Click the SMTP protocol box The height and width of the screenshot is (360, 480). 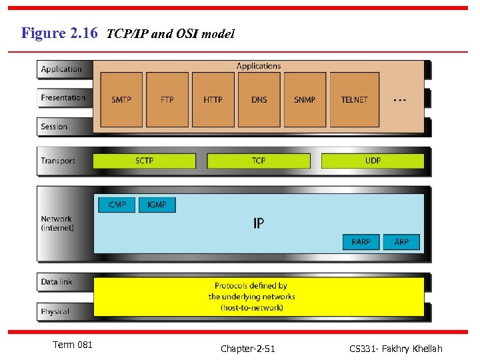tap(121, 99)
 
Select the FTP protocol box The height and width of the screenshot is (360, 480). tap(167, 99)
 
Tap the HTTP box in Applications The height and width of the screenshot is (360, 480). tap(213, 99)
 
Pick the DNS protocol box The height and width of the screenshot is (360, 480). tap(259, 99)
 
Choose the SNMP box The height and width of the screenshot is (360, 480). tap(305, 99)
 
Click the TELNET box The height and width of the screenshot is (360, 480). tap(355, 99)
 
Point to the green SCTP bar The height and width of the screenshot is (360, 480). tap(145, 161)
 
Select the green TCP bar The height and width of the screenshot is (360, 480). tap(259, 161)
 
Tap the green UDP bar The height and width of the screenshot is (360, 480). tap(373, 161)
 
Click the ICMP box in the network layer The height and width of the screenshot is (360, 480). tap(117, 205)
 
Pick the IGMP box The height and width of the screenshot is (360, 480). tap(157, 205)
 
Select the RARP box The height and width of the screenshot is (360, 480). tap(361, 241)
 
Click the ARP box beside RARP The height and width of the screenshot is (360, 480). tap(401, 241)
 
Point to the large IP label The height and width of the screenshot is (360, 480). tap(259, 223)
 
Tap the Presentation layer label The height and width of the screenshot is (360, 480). tap(63, 98)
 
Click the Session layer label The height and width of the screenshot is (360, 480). tap(54, 127)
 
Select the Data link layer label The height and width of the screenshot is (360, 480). tap(57, 282)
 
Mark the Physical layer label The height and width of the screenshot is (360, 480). tap(55, 311)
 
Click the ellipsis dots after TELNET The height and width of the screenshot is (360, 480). tap(399, 100)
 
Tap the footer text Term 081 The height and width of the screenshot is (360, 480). tap(72, 345)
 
